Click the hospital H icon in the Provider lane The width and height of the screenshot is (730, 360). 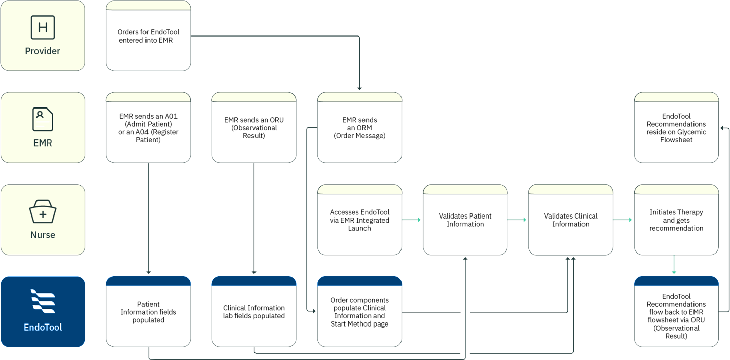pyautogui.click(x=43, y=27)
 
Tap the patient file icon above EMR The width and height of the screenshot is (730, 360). pyautogui.click(x=43, y=120)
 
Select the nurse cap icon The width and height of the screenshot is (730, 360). pyautogui.click(x=43, y=211)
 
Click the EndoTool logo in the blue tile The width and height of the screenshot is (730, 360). pyautogui.click(x=43, y=302)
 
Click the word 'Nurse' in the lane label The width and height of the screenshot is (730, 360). pyautogui.click(x=43, y=235)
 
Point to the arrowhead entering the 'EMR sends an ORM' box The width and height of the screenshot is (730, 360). pyautogui.click(x=359, y=88)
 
